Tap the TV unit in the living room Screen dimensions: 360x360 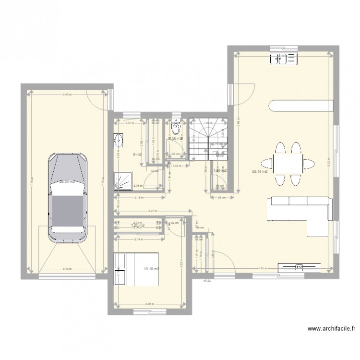pyautogui.click(x=300, y=267)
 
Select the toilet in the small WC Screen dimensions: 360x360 pyautogui.click(x=176, y=128)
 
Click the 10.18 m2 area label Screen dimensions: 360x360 pyautogui.click(x=152, y=270)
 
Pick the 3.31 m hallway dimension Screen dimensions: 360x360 pyautogui.click(x=151, y=211)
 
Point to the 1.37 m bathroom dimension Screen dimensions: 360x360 pyautogui.click(x=129, y=123)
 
